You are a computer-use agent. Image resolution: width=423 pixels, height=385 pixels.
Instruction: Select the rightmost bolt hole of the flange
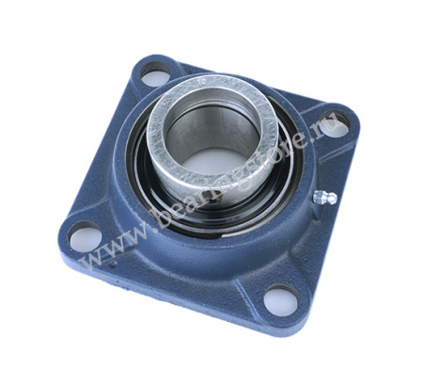tap(337, 122)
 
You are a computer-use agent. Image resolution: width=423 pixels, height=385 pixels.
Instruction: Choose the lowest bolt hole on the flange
tap(278, 300)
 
